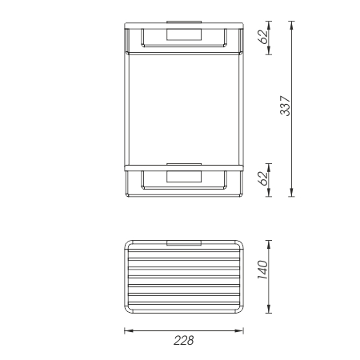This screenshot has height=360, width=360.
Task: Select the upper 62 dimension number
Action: [x=261, y=38]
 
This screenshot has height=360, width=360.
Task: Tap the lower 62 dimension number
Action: [x=261, y=179]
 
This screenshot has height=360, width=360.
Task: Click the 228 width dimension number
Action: [x=184, y=340]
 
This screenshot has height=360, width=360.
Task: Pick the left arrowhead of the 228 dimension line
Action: [x=126, y=328]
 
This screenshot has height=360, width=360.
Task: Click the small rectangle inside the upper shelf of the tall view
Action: [x=184, y=34]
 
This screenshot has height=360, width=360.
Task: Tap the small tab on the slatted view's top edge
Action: [x=184, y=241]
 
